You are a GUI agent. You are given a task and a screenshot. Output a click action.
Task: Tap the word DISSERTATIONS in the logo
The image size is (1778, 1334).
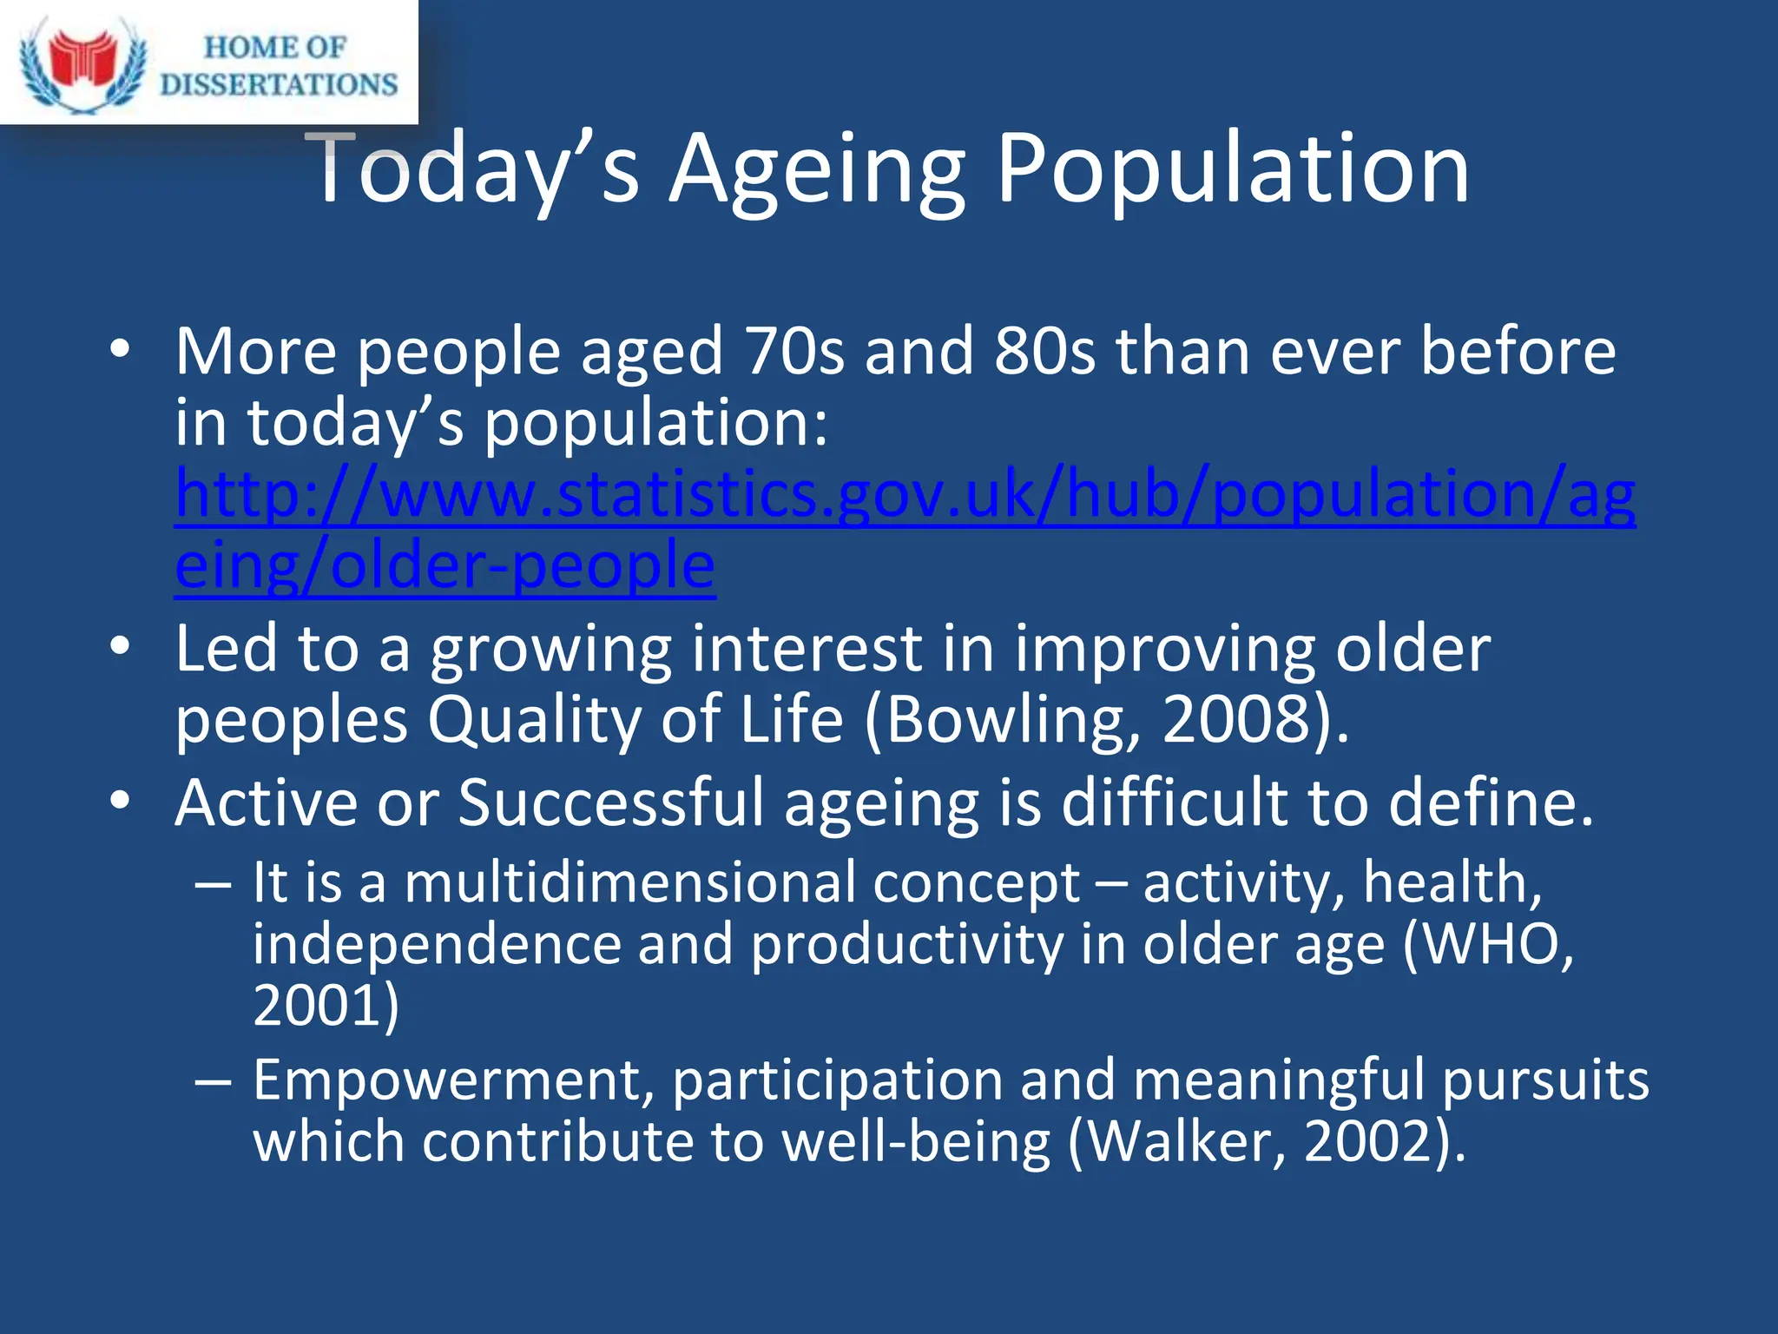click(279, 84)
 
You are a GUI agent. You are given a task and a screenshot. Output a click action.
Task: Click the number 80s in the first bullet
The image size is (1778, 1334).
click(1045, 352)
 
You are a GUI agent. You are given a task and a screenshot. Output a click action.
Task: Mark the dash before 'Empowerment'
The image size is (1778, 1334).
click(214, 1082)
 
